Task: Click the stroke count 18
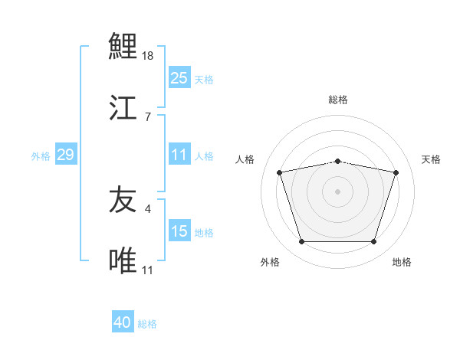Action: pos(149,56)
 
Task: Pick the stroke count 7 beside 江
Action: pos(148,116)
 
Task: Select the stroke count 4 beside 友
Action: pos(148,208)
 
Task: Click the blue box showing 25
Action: pos(179,78)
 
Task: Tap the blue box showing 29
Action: pos(65,155)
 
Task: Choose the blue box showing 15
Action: pos(179,231)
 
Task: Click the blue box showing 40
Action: pos(123,322)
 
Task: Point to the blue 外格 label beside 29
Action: pos(41,156)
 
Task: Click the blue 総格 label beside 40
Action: pos(147,324)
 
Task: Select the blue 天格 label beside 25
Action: pos(204,79)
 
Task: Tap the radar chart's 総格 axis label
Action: pos(338,100)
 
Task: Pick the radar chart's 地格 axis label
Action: pos(402,262)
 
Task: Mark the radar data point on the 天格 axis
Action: pos(396,172)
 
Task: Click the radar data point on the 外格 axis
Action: pos(301,242)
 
